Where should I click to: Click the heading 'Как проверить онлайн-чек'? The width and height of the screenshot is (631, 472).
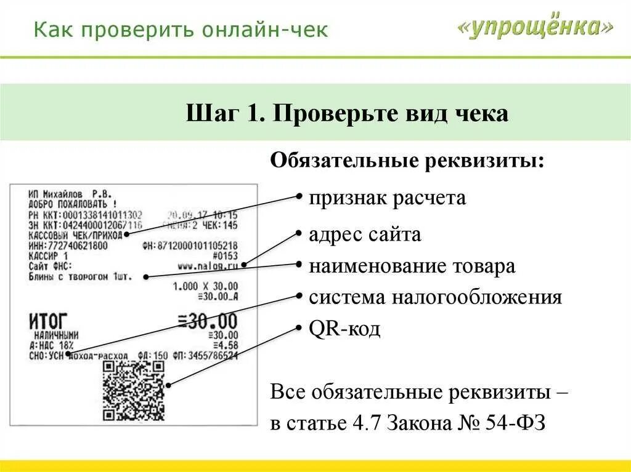[x=181, y=30]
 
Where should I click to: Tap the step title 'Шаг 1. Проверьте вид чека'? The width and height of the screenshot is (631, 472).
[x=347, y=114]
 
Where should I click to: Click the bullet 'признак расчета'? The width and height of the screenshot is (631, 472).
[x=388, y=198]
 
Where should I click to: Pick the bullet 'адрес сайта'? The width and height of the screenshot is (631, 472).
[x=365, y=234]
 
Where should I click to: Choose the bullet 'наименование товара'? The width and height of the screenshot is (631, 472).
[x=412, y=266]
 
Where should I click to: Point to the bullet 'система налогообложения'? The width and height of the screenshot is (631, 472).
[x=435, y=298]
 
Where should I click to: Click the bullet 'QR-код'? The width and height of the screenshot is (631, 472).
[x=344, y=329]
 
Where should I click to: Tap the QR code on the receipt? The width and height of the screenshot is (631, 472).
[x=134, y=391]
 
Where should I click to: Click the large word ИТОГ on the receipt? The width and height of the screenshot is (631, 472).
[x=48, y=321]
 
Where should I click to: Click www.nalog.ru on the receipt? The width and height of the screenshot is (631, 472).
[x=207, y=266]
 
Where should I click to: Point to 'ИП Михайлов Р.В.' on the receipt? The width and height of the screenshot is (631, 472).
[x=68, y=193]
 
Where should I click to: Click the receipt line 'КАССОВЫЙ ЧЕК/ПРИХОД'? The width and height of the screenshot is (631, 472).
[x=75, y=235]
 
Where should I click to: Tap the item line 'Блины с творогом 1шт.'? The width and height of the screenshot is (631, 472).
[x=76, y=277]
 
